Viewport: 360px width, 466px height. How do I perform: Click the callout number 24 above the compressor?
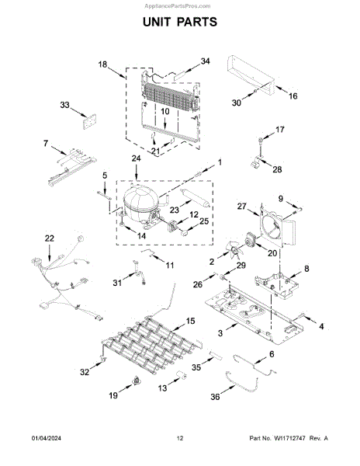coord(137,158)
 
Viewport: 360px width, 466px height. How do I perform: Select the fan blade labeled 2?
coord(234,250)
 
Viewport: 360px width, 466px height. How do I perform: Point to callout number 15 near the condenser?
coord(191,321)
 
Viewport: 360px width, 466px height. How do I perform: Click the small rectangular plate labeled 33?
coord(90,122)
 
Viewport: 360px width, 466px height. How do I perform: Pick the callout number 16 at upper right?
coord(293,96)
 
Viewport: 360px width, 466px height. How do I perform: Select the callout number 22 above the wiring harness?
coord(50,238)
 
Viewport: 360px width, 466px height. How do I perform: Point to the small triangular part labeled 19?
coord(137,380)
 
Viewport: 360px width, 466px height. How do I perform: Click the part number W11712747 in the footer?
coord(289,438)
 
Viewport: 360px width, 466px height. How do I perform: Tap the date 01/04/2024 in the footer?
coord(47,438)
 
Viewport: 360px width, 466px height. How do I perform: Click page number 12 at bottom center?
coord(180,438)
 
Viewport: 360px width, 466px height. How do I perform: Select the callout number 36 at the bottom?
coord(216,397)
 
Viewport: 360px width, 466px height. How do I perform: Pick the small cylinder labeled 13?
coord(181,376)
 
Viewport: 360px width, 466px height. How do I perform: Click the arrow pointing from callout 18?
coord(117,73)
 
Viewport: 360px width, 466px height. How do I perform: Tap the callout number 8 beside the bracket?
coord(306,269)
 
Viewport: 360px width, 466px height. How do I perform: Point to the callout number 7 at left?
coord(46,144)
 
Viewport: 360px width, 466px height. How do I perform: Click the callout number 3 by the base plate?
coord(220,333)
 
